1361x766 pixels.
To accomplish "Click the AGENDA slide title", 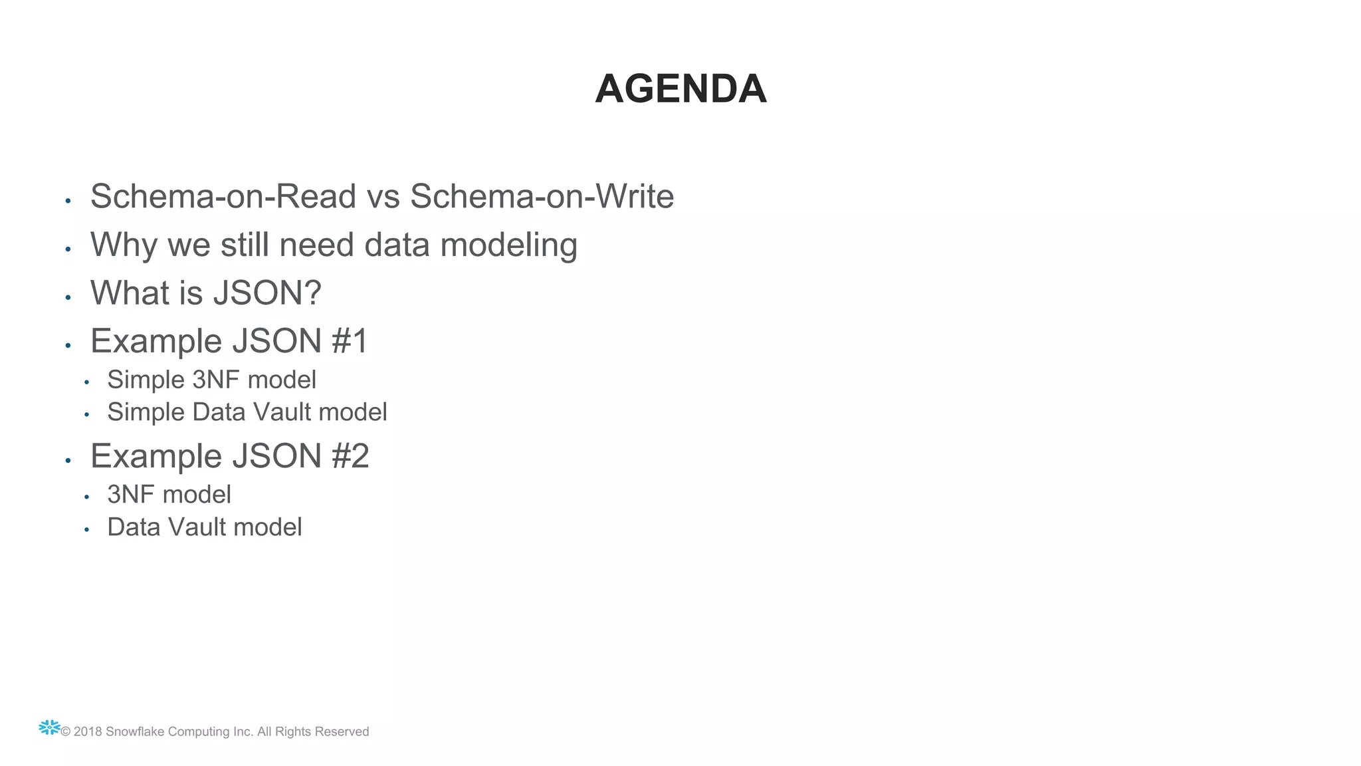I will point(680,89).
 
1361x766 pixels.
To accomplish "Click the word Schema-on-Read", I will point(223,197).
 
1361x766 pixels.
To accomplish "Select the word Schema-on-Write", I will point(542,197).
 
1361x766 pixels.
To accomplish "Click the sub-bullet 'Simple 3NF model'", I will point(211,380).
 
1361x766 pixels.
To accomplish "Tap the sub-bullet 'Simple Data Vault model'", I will point(247,412).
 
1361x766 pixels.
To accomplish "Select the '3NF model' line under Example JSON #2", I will point(169,495).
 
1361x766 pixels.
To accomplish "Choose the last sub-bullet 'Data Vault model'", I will point(204,527).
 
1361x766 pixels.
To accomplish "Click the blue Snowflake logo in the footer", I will point(49,728).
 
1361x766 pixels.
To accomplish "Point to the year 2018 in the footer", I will point(88,732).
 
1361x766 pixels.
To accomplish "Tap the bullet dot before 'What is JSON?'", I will point(68,298).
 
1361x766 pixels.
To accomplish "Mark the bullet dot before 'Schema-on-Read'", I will point(68,201).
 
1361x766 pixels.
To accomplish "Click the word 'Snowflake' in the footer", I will point(135,732).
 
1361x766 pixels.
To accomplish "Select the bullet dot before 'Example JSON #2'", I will point(68,461).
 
